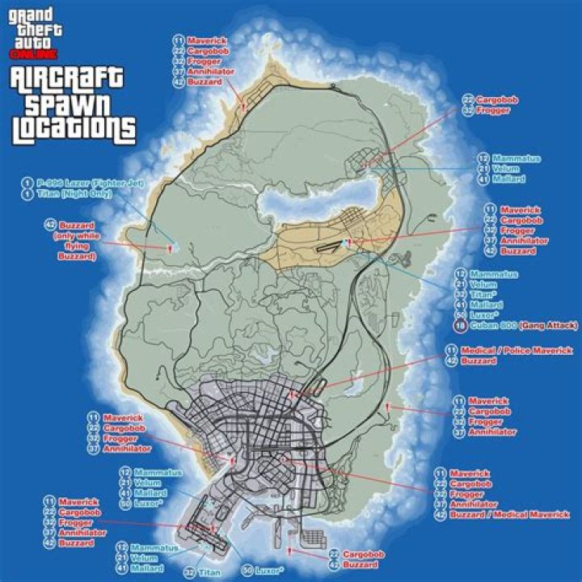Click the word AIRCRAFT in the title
[x=67, y=79]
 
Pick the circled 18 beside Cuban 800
[x=460, y=326]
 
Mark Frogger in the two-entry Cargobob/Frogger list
[x=493, y=110]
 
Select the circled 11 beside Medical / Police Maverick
[x=449, y=351]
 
